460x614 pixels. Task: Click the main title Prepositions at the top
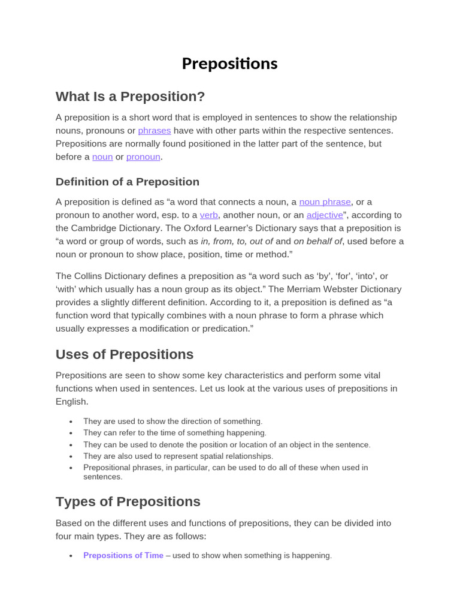point(229,64)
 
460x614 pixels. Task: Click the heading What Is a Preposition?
point(130,97)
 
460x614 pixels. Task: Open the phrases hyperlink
point(155,131)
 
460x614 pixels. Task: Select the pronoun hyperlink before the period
point(143,157)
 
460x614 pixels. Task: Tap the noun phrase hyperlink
point(325,202)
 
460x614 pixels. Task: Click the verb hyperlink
point(208,215)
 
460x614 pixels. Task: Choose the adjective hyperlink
point(325,215)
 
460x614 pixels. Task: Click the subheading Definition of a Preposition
point(127,182)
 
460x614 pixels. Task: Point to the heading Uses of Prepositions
point(125,354)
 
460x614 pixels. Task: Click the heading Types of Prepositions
point(128,502)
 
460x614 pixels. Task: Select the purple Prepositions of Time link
point(123,556)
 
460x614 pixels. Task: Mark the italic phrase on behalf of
point(317,242)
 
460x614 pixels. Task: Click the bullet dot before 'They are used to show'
point(71,422)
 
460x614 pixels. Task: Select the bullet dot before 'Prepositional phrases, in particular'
point(71,468)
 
